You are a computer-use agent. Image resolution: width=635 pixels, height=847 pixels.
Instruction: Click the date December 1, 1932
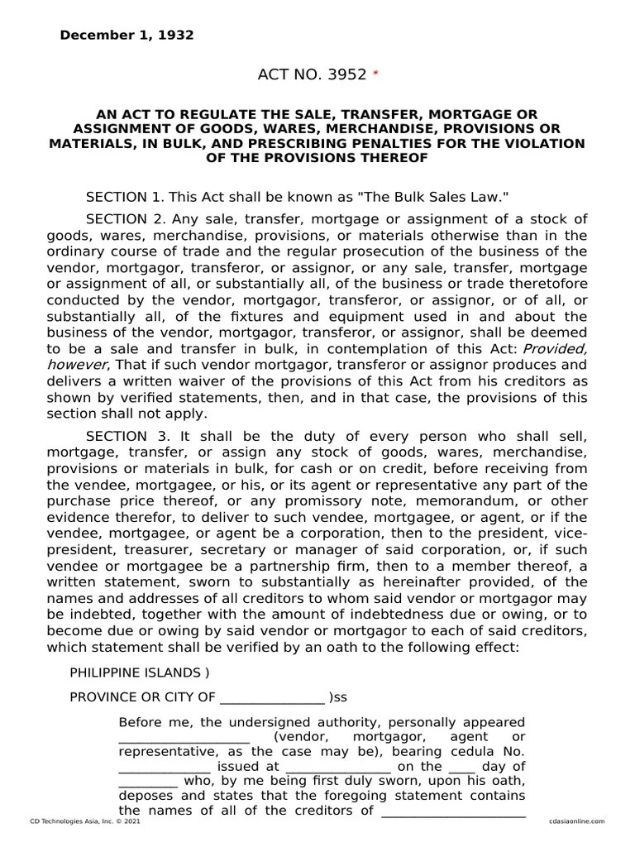[x=127, y=36]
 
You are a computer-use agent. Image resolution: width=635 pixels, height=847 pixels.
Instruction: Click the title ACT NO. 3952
[x=312, y=75]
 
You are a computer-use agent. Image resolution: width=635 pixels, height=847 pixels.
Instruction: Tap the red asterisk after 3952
[x=375, y=74]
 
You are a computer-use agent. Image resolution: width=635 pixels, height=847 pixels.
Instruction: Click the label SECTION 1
[x=125, y=197]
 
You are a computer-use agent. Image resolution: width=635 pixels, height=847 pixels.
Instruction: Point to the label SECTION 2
[x=125, y=219]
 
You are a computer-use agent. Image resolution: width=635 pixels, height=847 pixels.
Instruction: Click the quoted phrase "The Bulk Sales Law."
[x=444, y=197]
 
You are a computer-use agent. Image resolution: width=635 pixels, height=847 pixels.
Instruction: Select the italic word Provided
[x=556, y=349]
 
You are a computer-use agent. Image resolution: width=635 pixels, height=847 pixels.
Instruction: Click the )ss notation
[x=338, y=697]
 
